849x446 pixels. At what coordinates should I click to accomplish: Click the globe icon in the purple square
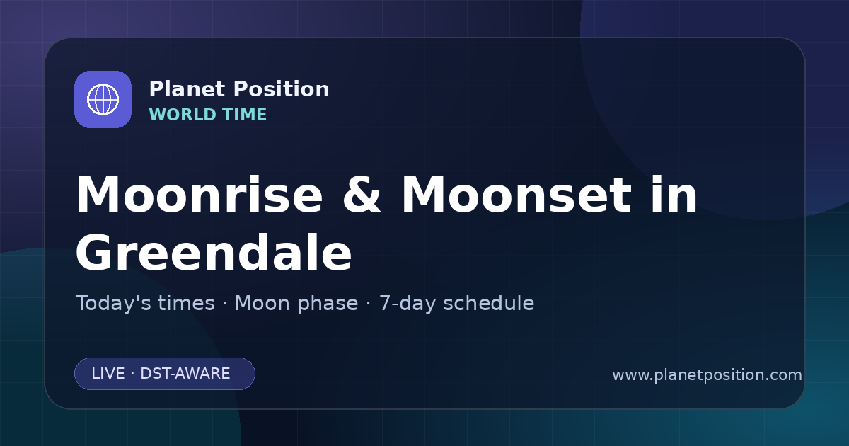pos(103,99)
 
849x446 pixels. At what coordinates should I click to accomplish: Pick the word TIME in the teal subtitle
pos(245,115)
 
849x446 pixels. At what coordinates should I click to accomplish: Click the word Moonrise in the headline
pos(199,195)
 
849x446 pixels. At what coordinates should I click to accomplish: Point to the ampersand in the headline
pos(362,195)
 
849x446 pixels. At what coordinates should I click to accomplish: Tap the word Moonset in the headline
pos(516,195)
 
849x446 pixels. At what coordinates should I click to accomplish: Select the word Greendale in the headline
pos(214,252)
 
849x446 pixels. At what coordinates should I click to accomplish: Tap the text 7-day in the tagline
pos(408,304)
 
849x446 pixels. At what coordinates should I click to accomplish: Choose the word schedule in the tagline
pos(489,303)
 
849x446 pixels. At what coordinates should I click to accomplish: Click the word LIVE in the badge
pos(108,374)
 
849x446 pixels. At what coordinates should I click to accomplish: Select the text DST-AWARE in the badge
pos(185,374)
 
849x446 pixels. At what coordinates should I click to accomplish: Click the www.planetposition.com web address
pos(707,375)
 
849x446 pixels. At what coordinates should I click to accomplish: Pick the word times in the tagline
pos(186,303)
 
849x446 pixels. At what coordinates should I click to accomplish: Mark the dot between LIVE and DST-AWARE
pos(133,374)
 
